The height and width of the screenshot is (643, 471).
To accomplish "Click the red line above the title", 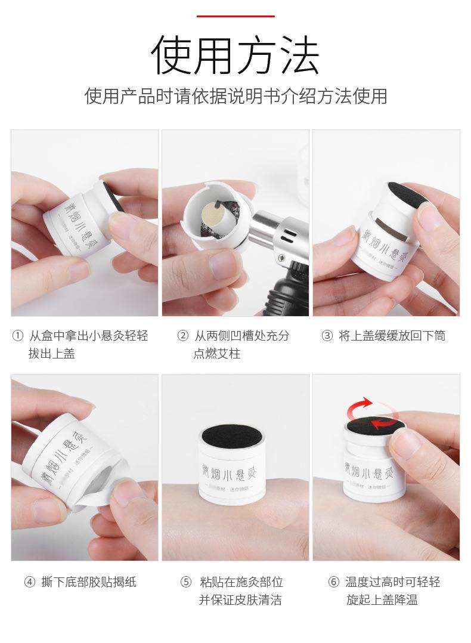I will coord(235,16).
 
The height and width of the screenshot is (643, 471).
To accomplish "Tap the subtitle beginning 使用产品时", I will coord(235,95).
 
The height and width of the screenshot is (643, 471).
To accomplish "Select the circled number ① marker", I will coord(17,336).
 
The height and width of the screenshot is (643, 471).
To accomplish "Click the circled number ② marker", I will coord(183,336).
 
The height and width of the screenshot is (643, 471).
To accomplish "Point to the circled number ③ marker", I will coord(327,336).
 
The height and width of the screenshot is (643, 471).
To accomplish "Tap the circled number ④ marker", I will coord(29,582).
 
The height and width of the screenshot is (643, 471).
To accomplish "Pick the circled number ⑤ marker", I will coord(186,582).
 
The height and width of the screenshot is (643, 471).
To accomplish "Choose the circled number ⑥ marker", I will coord(333,582).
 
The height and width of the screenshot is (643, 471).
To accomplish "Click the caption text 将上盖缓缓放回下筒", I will coord(392,336).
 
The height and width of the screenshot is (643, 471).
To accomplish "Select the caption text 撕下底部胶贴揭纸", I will coord(89,582).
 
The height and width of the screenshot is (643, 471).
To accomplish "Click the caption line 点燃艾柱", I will coord(216,354).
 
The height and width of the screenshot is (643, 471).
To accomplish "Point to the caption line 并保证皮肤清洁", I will coord(240,600).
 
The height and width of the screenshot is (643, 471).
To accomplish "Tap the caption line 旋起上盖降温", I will coord(382,600).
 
